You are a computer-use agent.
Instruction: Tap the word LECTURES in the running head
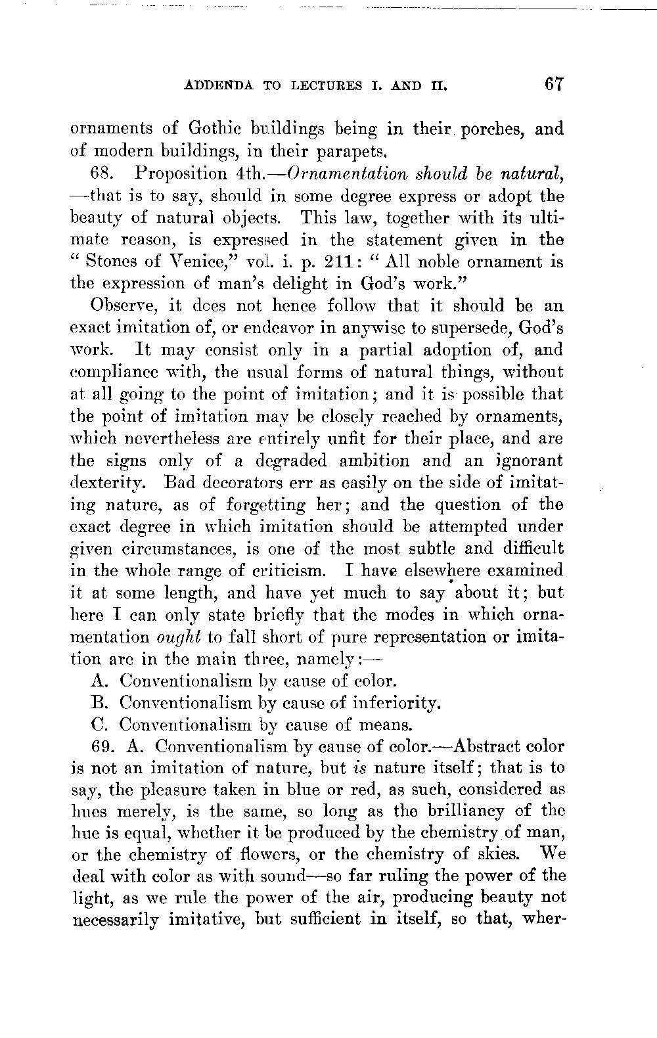[324, 85]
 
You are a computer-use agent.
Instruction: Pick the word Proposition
[181, 173]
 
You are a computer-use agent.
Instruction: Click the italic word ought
[181, 637]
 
